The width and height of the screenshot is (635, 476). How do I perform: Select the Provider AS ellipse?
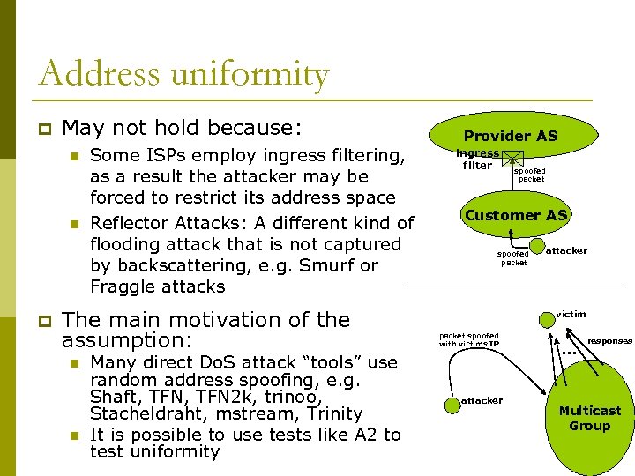(510, 136)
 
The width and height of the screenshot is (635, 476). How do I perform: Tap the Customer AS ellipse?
(516, 216)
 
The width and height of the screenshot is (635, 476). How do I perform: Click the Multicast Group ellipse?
(589, 419)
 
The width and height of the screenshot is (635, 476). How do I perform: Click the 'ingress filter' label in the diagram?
(477, 159)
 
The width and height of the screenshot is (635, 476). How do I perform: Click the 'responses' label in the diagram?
(609, 340)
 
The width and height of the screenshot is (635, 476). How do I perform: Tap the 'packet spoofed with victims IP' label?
(469, 339)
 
